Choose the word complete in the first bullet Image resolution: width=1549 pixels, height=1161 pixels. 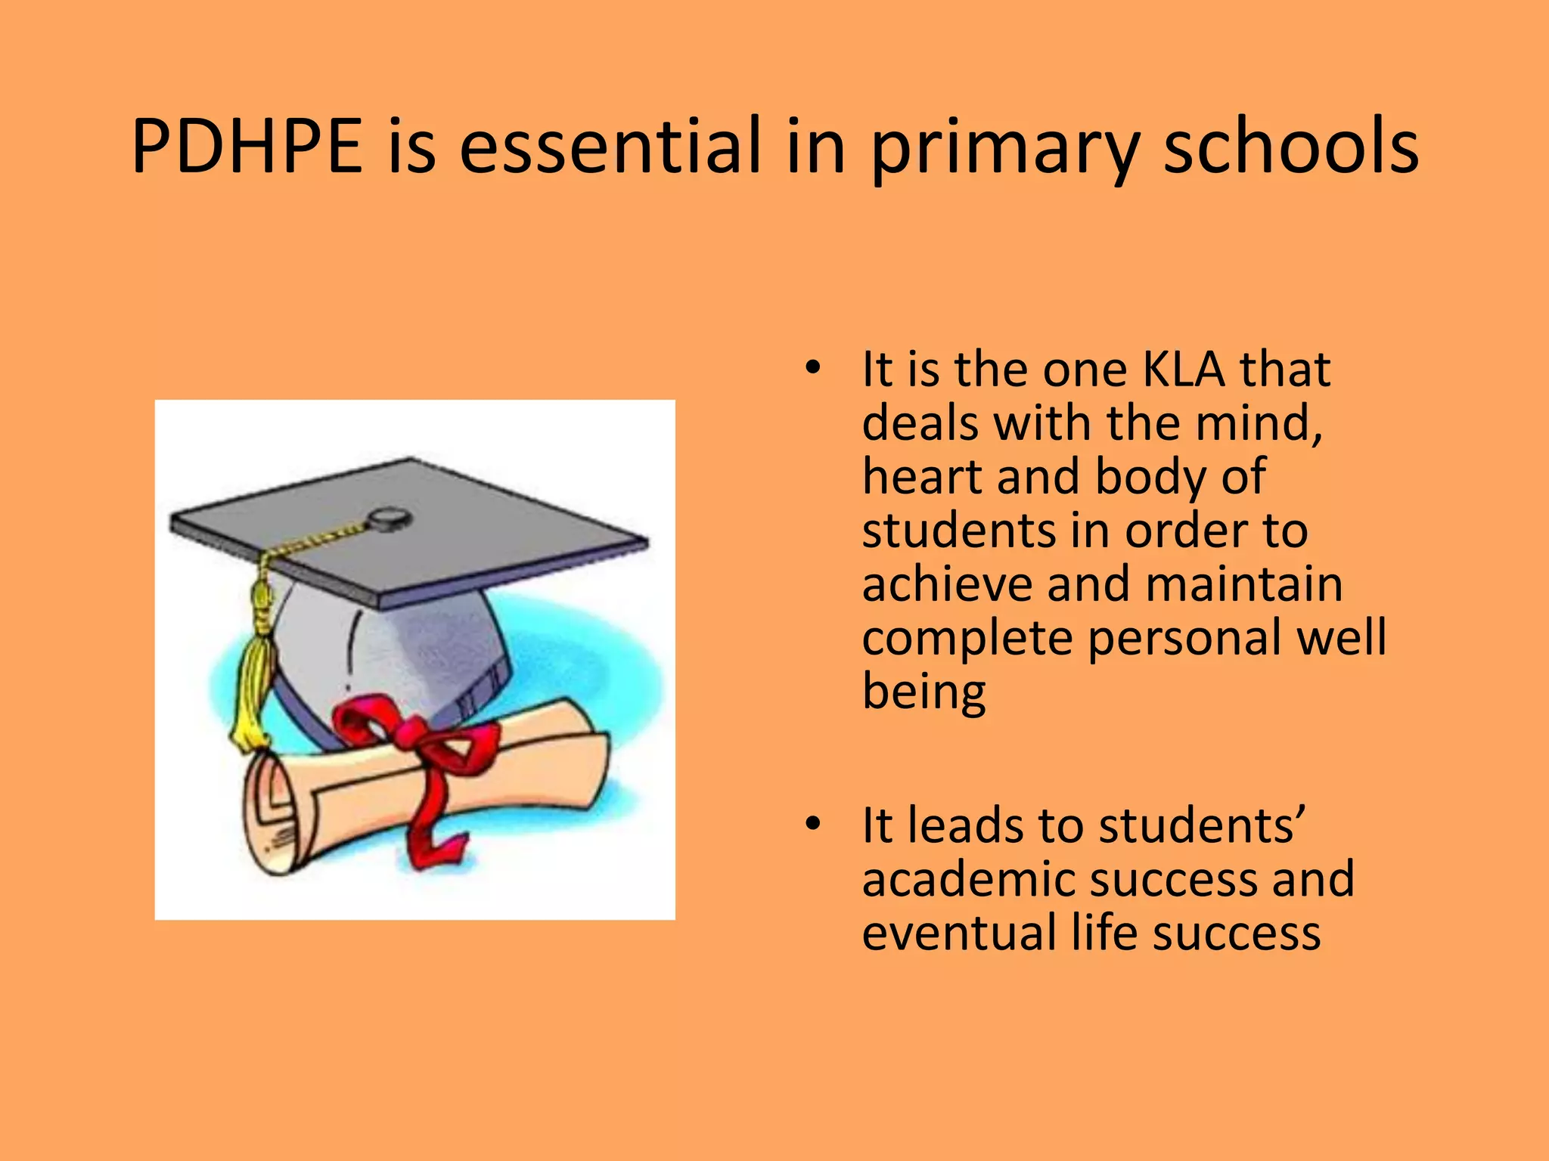tap(967, 639)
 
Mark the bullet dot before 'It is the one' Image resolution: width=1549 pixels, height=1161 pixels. tap(812, 370)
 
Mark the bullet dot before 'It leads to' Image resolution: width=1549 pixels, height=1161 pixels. tap(812, 825)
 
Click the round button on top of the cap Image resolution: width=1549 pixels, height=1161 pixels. tap(390, 519)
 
